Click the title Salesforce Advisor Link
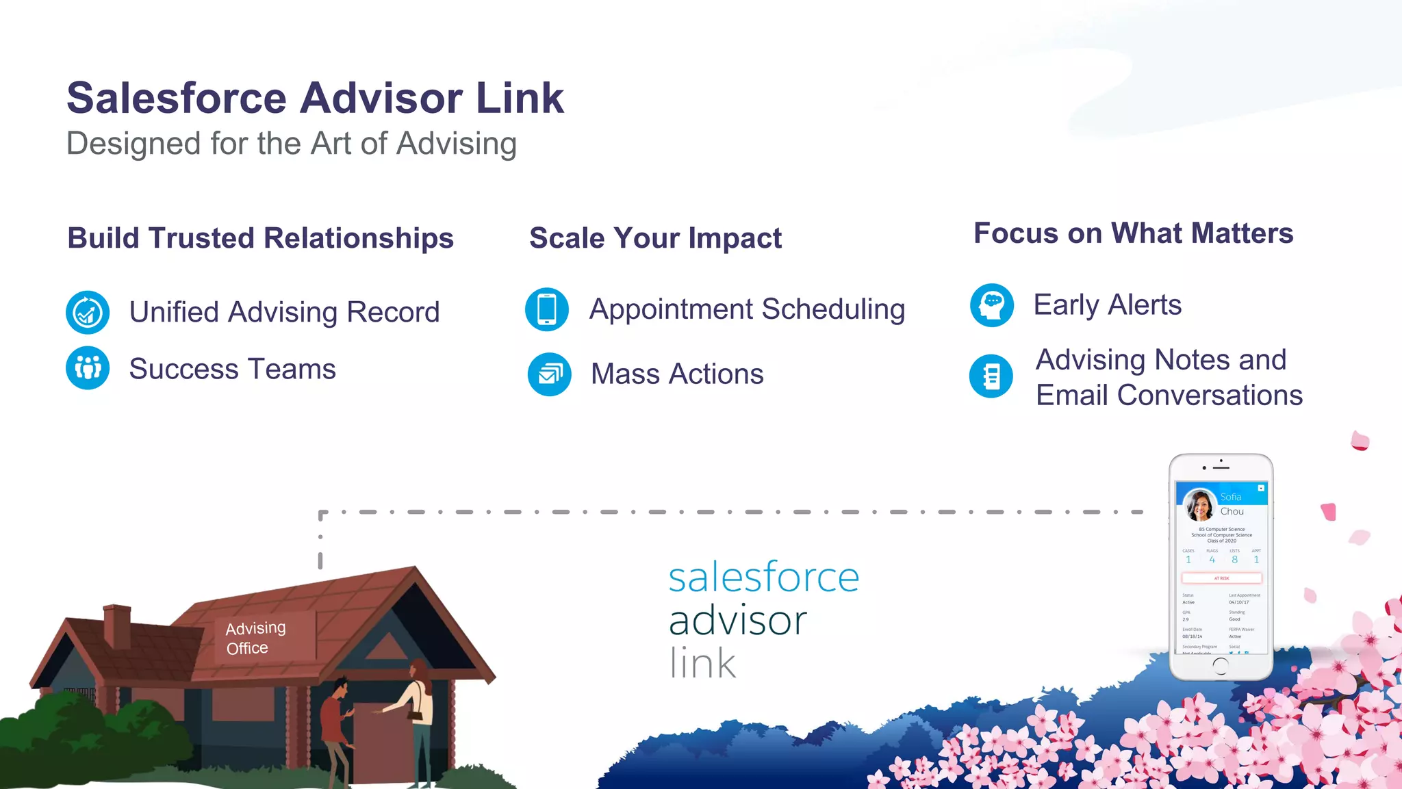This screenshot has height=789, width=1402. point(315,98)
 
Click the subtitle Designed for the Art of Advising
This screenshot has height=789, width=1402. point(292,144)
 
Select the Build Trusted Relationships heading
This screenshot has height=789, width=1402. point(260,238)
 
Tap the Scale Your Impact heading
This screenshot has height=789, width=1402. point(655,238)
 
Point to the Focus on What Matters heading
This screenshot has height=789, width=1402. point(1133,233)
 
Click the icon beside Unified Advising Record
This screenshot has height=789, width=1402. point(88,313)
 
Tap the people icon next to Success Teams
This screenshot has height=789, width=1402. point(88,368)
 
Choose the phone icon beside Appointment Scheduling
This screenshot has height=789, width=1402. point(547,309)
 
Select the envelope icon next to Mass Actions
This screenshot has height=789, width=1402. point(549,374)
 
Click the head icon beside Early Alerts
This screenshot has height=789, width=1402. point(992,305)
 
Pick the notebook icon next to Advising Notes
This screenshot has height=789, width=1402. point(991,376)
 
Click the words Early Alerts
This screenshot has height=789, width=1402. point(1107,305)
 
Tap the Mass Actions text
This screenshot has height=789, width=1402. point(677,374)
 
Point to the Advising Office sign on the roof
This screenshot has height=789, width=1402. point(255,638)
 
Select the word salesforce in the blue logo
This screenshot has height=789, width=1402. point(763,578)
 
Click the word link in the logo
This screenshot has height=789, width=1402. point(702,663)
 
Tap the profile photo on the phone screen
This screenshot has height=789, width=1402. point(1199,506)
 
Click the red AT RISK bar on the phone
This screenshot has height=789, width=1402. point(1221,578)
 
